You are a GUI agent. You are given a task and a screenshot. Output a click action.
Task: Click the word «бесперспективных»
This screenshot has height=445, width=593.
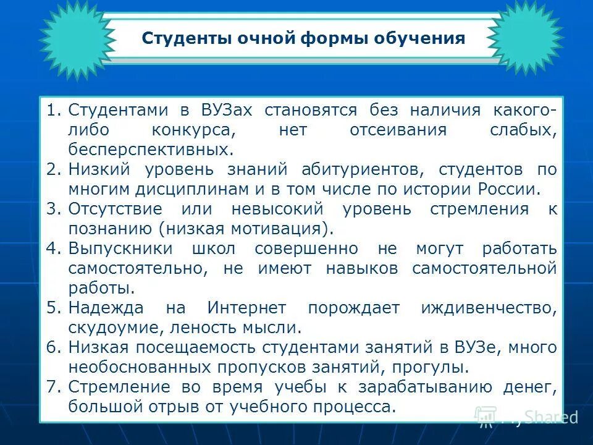tap(151, 150)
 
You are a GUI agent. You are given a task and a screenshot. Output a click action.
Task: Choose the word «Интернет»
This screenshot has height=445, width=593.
tap(246, 308)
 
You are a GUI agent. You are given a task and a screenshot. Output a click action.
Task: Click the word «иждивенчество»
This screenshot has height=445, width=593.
tap(489, 308)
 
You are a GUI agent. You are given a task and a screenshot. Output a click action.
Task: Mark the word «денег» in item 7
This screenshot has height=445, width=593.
tap(532, 388)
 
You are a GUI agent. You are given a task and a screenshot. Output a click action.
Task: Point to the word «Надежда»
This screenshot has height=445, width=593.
tap(106, 308)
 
